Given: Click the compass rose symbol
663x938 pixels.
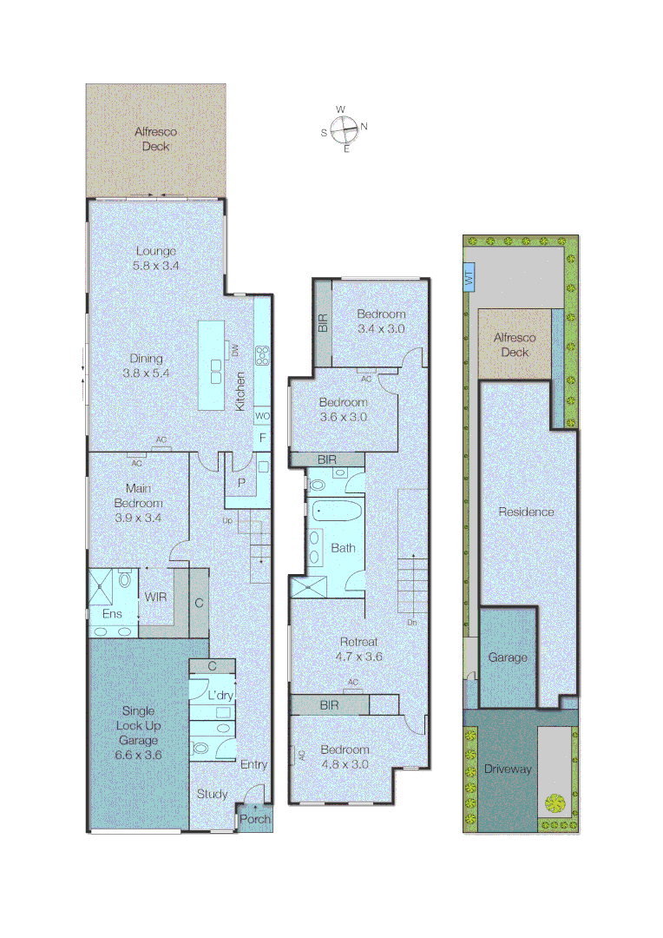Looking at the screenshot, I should coord(344,129).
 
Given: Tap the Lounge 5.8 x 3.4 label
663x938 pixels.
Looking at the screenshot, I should coord(156,259).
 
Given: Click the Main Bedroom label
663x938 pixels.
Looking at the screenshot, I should coord(139,503).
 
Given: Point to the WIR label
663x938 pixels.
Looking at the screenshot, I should coord(156,598).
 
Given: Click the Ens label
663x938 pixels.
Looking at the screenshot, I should coord(113,614).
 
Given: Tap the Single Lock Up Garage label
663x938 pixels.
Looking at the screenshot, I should coord(139,725).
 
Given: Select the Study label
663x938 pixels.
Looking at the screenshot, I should coord(212,794).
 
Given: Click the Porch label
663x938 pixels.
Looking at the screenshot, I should coord(255,819).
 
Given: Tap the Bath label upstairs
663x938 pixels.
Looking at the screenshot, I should coord(343,548).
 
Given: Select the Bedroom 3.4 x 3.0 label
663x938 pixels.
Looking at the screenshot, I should coord(381,321).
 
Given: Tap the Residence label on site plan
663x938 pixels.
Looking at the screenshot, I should coord(526,512).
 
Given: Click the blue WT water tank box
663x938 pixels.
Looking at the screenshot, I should coord(469,278).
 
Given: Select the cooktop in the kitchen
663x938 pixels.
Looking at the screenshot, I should coord(262,355).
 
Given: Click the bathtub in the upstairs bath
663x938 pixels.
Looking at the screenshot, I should coord(333,511).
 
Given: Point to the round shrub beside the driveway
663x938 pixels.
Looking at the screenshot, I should coord(553,803).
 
